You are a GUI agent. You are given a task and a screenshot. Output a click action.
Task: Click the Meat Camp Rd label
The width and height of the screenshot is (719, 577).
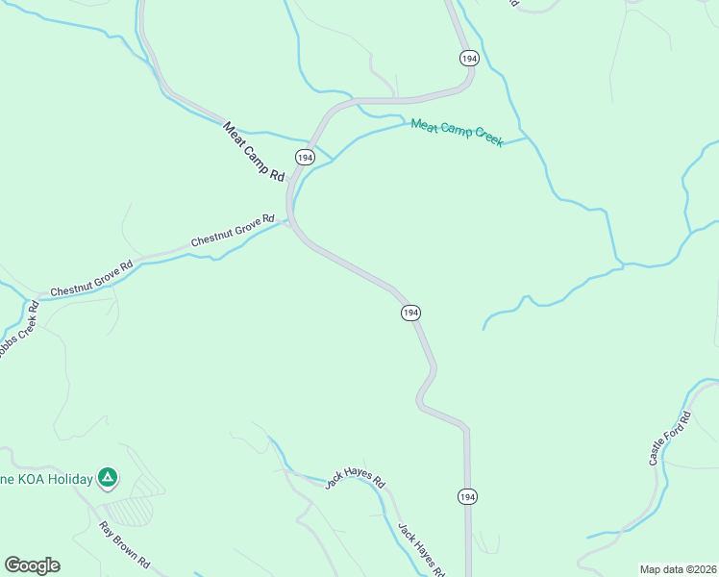point(255,151)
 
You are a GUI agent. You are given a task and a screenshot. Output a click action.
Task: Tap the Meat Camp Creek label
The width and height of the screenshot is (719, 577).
point(457,133)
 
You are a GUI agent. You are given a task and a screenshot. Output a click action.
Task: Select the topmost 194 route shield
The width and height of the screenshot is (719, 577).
point(468,59)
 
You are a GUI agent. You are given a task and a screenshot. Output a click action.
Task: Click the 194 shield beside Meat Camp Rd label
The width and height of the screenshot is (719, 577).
point(305,157)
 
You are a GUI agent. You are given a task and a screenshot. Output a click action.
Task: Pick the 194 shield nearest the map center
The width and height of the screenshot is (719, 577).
point(410,314)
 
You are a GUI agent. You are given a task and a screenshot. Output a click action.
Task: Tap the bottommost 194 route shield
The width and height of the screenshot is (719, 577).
point(466,496)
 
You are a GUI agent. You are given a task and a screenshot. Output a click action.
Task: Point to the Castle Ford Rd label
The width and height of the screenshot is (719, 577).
point(670,439)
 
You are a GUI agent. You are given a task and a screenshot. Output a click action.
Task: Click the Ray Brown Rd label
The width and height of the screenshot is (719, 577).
point(126,544)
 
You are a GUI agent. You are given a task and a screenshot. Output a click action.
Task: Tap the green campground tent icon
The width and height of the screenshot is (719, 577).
point(109,476)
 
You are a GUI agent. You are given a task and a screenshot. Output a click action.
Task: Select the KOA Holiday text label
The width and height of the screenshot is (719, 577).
point(45,479)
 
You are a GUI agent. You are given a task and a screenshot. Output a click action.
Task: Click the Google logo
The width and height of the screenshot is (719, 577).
point(32,565)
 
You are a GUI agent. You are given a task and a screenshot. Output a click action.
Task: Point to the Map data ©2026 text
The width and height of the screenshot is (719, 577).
point(678,569)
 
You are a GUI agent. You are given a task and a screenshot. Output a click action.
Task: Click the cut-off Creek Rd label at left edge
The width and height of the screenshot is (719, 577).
point(18,333)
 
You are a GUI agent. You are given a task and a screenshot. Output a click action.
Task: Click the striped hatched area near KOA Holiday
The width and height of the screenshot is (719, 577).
point(129,508)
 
